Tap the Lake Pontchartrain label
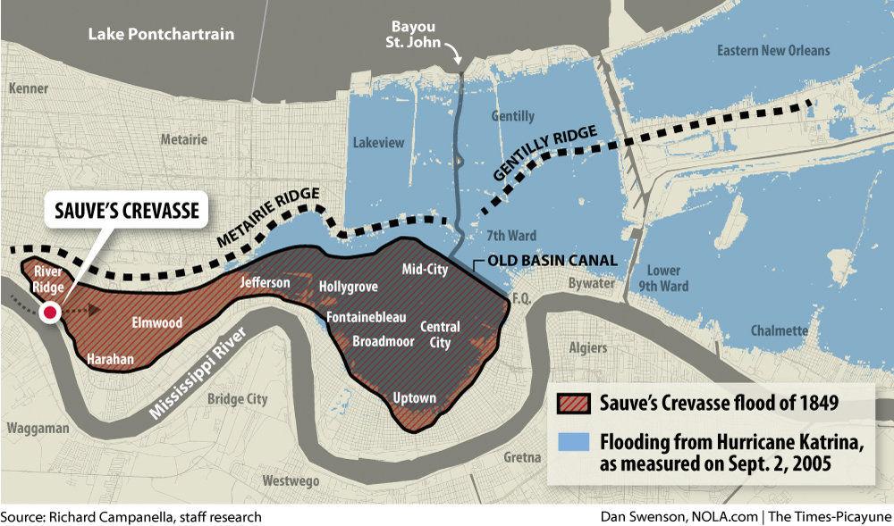coord(161,35)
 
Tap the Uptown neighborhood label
coord(415,397)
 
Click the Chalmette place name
coord(780,330)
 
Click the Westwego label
coord(288,480)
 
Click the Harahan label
coord(110,360)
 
